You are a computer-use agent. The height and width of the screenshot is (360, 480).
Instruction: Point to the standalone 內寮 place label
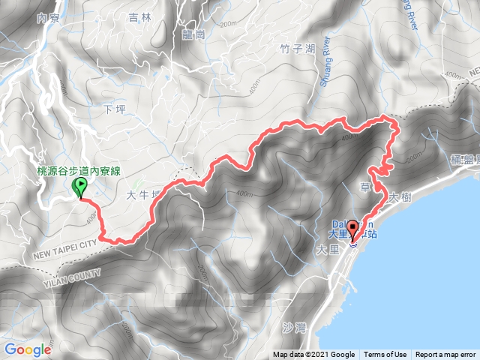47,16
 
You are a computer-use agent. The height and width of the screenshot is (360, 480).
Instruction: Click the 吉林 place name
140,16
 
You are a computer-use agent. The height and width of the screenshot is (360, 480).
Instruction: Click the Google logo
27,349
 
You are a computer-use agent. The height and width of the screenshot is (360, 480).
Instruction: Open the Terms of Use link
387,355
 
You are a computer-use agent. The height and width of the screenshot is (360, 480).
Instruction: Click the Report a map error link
447,355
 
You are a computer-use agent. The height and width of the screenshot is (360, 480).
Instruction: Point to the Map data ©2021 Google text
314,355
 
